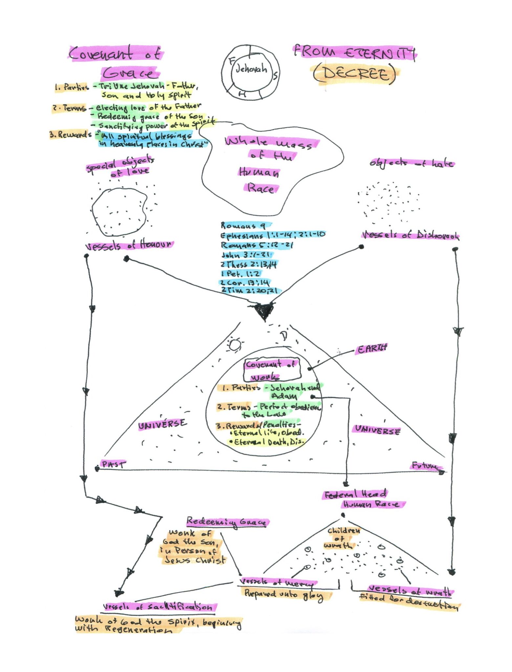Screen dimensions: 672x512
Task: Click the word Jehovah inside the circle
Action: [251, 69]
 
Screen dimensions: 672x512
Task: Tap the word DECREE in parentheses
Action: [355, 74]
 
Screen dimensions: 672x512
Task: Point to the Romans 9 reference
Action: [243, 226]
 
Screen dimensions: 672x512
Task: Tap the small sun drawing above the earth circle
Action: [235, 345]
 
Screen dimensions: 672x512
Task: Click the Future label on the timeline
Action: [425, 466]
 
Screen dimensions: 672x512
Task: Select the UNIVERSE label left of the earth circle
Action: [162, 424]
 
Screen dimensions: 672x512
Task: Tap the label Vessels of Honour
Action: [129, 245]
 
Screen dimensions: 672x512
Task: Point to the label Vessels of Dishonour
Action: [410, 235]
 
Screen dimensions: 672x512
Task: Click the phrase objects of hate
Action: [412, 163]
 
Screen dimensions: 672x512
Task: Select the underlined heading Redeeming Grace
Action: [227, 521]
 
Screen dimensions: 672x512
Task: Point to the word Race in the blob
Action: [261, 188]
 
